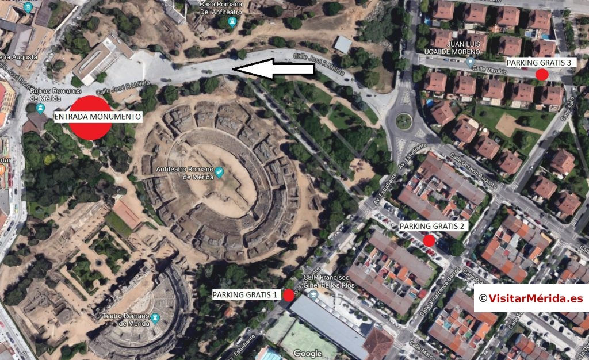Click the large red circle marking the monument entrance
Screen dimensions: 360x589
90,117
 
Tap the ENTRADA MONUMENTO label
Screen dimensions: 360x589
97,117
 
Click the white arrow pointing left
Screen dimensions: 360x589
275,70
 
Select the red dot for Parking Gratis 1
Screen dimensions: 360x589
289,295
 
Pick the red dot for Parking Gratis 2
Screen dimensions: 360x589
429,240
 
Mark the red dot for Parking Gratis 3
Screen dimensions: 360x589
541,74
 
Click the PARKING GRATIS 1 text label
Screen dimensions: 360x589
246,295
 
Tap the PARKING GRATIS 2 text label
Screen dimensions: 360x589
433,226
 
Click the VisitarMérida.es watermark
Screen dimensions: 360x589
530,298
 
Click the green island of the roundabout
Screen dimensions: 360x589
403,121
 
